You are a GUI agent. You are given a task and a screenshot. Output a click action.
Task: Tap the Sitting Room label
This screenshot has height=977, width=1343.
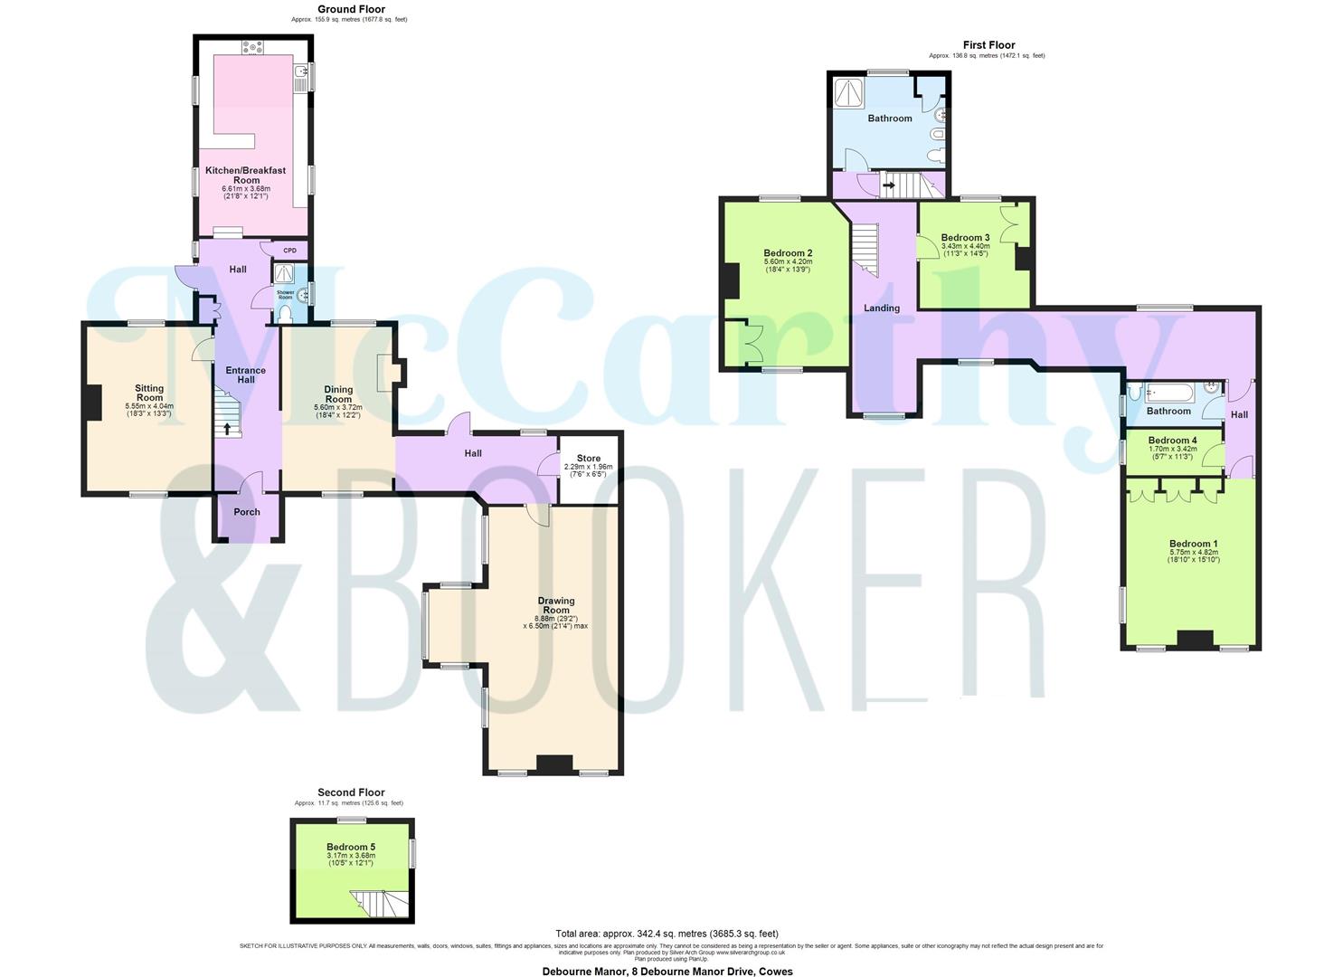(x=149, y=393)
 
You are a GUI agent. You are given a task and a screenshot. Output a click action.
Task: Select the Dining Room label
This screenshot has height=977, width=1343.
(x=338, y=394)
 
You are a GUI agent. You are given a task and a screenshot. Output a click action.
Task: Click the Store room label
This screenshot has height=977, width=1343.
(x=588, y=458)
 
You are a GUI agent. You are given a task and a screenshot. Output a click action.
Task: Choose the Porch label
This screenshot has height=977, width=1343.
(x=247, y=512)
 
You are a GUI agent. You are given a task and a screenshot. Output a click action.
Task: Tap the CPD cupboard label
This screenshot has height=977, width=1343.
(x=290, y=251)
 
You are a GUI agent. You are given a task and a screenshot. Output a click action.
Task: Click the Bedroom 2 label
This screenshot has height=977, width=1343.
(x=788, y=253)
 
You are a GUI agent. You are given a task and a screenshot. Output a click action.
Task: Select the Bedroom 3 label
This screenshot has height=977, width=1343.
(x=965, y=238)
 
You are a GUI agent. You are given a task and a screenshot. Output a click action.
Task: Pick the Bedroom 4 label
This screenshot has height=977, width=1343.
(x=1172, y=441)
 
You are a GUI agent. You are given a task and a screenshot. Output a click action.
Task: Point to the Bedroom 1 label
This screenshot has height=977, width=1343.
(x=1193, y=545)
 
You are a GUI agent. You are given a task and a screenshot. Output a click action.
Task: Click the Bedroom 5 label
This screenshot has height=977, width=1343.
(x=351, y=848)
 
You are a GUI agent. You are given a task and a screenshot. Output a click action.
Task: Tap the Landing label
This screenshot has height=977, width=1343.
(x=882, y=308)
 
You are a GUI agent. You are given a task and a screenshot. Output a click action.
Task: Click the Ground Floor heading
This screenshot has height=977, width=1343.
(x=351, y=10)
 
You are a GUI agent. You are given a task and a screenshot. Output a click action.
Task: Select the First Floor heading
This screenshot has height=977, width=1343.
(x=988, y=45)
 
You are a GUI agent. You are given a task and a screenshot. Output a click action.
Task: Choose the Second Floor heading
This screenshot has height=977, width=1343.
(x=351, y=792)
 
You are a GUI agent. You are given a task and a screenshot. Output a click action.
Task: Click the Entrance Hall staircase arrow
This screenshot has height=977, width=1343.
(x=227, y=428)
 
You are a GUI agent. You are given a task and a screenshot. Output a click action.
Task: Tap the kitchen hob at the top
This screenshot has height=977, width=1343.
(x=252, y=47)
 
